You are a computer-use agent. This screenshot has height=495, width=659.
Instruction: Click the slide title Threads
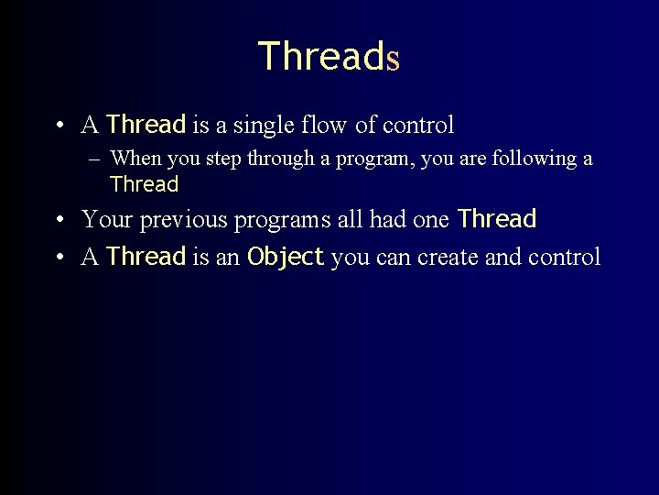click(x=329, y=57)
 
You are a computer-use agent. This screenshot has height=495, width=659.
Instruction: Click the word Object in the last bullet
click(x=286, y=258)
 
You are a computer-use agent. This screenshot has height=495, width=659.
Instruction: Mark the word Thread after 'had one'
click(x=496, y=220)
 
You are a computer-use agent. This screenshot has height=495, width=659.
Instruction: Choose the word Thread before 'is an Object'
click(x=146, y=258)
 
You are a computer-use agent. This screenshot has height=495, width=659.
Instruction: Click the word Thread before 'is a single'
click(x=146, y=125)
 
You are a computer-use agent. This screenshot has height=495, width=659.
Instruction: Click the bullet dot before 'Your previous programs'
click(x=58, y=221)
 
